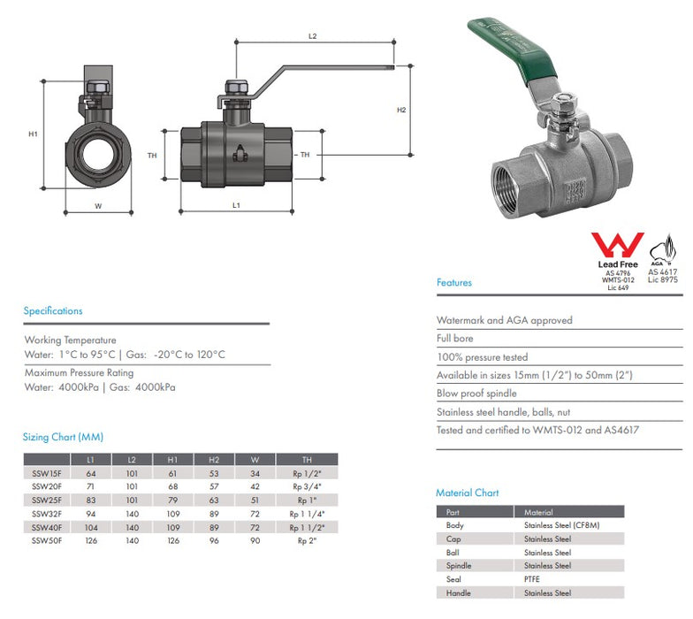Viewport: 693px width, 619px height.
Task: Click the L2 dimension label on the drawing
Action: tap(313, 36)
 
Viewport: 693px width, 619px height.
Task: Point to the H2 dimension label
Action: tap(400, 111)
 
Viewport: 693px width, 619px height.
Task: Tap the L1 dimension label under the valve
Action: tap(236, 205)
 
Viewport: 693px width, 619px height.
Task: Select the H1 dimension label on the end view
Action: tap(33, 134)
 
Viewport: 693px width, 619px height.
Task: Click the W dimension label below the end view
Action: tap(98, 206)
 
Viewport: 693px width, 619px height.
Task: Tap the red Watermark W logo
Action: tap(617, 245)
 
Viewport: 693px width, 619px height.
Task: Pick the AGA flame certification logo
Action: tap(662, 249)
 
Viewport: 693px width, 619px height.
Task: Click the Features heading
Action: tap(454, 283)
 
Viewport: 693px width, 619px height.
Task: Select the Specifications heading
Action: tap(53, 311)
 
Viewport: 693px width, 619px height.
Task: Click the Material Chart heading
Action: tap(467, 493)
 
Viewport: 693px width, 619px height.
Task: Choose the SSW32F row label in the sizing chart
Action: tap(48, 513)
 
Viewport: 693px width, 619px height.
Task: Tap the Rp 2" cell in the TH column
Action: tap(307, 540)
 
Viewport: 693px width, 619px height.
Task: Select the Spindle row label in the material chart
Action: tap(459, 566)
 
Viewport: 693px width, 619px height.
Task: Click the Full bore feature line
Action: tap(455, 339)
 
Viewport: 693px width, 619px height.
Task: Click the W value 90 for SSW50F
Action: tap(255, 540)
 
